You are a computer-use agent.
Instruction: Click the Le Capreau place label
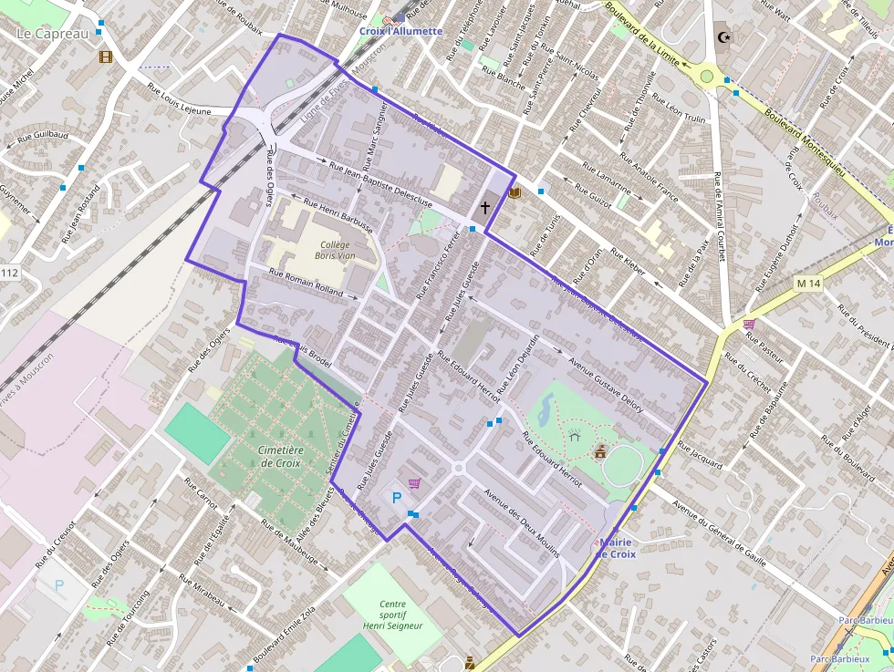[53, 34]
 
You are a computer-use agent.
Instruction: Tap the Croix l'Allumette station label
[400, 31]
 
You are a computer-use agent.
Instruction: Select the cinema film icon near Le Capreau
[107, 57]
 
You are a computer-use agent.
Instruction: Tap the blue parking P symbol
[396, 498]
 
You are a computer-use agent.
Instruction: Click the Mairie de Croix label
[617, 548]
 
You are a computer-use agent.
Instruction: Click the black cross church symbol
[484, 207]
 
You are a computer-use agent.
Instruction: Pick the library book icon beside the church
[514, 192]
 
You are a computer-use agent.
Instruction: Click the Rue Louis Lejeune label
[179, 99]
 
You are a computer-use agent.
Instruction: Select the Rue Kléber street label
[628, 263]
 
